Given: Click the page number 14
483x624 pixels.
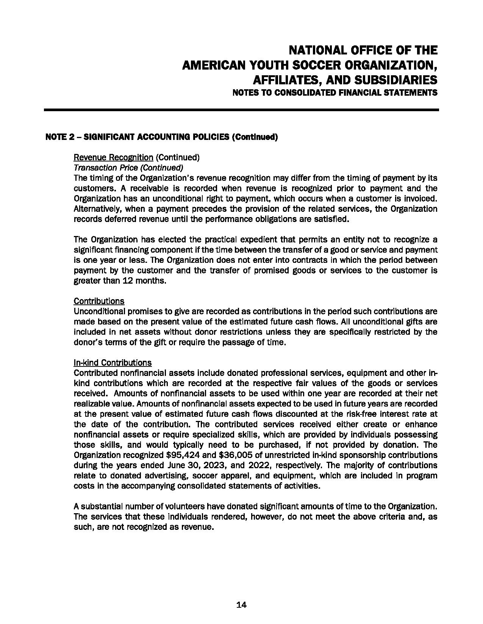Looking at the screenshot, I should pos(241,605).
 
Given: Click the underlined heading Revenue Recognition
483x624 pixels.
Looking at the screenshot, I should pos(113,157).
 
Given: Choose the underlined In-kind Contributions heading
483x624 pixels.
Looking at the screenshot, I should pos(113,363).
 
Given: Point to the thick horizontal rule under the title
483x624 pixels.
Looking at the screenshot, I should pos(241,110).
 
